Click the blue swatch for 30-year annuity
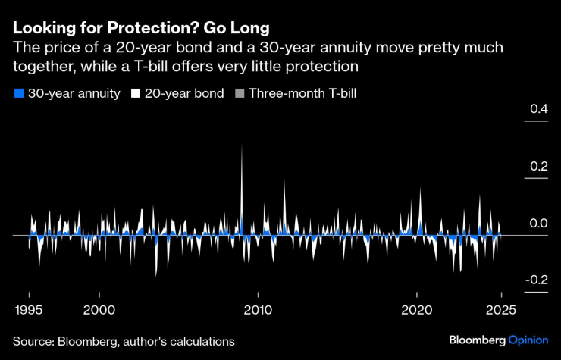point(18,94)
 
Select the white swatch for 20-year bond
point(136,94)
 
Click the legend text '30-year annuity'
point(74,94)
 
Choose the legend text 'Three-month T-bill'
point(302,94)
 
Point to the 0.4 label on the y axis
point(538,110)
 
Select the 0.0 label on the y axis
point(538,224)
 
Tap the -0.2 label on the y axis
point(536,280)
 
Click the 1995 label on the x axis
point(29,309)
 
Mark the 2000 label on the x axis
point(99,309)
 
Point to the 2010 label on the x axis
point(258,309)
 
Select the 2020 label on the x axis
point(417,309)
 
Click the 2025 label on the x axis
point(500,309)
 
